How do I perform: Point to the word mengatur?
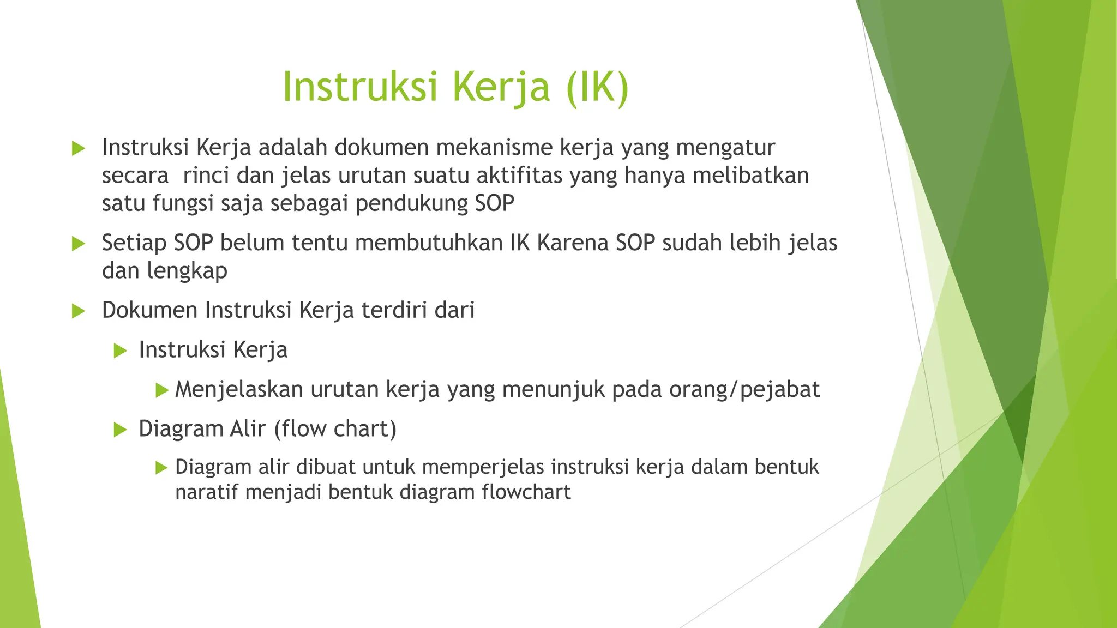coord(725,147)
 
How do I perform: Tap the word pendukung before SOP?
coord(411,203)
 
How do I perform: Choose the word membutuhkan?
coord(429,243)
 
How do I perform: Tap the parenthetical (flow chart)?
coord(335,428)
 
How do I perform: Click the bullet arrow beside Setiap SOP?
coord(79,243)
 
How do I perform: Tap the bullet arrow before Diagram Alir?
coord(120,430)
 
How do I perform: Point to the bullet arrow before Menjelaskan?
coord(161,390)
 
